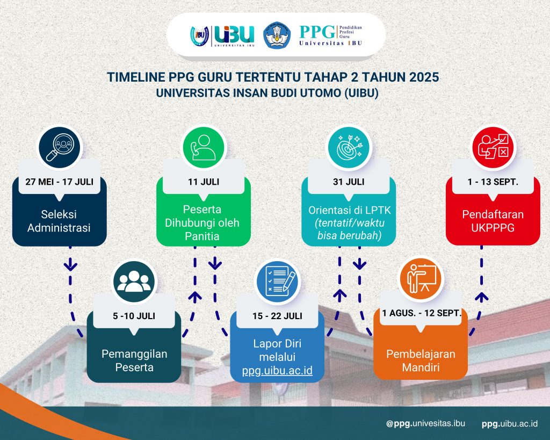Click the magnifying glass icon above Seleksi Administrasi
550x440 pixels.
pyautogui.click(x=59, y=147)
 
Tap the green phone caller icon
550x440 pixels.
pyautogui.click(x=204, y=147)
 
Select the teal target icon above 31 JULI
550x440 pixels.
pyautogui.click(x=348, y=147)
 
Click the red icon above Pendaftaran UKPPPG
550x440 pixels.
pyautogui.click(x=493, y=147)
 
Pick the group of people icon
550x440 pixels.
pyautogui.click(x=134, y=282)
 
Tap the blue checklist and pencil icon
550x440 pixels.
pyautogui.click(x=278, y=282)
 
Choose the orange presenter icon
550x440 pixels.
pyautogui.click(x=421, y=279)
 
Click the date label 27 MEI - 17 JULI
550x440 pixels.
pyautogui.click(x=59, y=182)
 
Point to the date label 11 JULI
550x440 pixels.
pyautogui.click(x=204, y=182)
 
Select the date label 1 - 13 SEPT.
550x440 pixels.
pyautogui.click(x=493, y=182)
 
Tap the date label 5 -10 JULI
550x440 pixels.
pyautogui.click(x=134, y=316)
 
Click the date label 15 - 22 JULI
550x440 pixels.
pyautogui.click(x=278, y=316)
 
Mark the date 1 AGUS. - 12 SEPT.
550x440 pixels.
pyautogui.click(x=421, y=313)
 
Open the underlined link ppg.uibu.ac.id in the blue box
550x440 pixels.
pyautogui.click(x=277, y=371)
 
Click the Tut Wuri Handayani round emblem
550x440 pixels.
pyautogui.click(x=277, y=35)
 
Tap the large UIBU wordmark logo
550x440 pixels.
pyautogui.click(x=234, y=34)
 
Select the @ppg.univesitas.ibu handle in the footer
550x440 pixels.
pyautogui.click(x=425, y=423)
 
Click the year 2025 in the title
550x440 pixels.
pyautogui.click(x=423, y=77)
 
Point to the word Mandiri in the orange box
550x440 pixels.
pyautogui.click(x=421, y=367)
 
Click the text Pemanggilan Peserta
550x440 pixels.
pyautogui.click(x=134, y=360)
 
